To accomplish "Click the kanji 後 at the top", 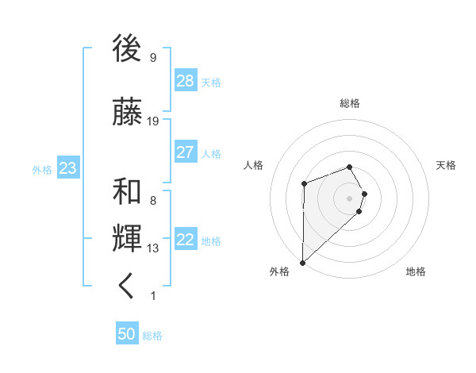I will coord(127,49).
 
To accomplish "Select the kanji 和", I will coord(127,191).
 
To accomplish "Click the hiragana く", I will coord(127,286).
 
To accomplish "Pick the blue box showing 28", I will coord(186,81).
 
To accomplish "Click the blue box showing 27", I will coord(186,152).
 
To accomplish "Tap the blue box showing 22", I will coord(186,240).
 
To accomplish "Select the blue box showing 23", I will coord(67,168).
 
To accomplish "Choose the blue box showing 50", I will coord(127,334).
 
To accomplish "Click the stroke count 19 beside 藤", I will coord(153,121).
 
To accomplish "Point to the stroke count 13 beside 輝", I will coord(153,248).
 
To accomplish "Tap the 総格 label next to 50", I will coord(152,336).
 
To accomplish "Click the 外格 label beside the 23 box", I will coord(42,170).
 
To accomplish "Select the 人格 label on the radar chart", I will coord(254,165).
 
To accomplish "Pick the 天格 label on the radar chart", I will coord(446,165).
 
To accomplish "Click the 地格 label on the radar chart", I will coord(416,271).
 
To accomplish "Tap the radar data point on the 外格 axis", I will coord(302,262).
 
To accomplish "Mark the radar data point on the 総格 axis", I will coord(349,167).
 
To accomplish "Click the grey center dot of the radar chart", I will coord(349,198).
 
